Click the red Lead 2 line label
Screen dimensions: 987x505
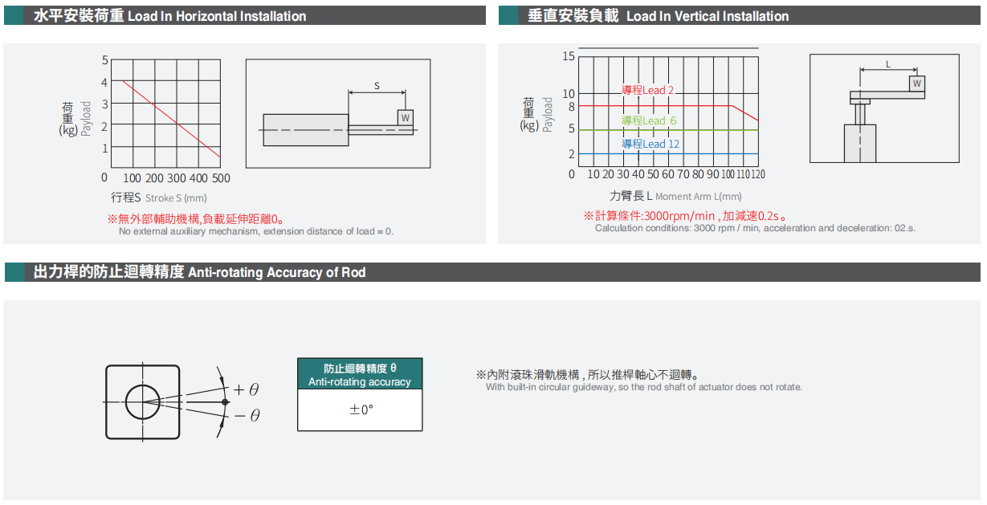tap(647, 91)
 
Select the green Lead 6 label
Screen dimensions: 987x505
tap(649, 120)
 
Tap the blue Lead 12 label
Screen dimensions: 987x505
tap(651, 144)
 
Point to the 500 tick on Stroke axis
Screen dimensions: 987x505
tap(221, 178)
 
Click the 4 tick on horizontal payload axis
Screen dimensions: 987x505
tap(104, 83)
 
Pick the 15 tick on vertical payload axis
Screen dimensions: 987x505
tap(569, 56)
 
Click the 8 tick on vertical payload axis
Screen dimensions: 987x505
tap(572, 107)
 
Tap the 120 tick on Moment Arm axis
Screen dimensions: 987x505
tap(758, 174)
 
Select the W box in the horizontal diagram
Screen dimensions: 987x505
tap(406, 118)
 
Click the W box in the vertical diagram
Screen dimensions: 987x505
tap(917, 83)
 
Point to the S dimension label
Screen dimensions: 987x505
tap(377, 85)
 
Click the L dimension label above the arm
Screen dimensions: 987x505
tap(888, 64)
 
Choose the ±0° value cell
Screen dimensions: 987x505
tap(360, 409)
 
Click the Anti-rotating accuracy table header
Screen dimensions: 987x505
tap(360, 374)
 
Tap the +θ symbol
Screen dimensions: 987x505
tap(247, 389)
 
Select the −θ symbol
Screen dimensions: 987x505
tap(247, 416)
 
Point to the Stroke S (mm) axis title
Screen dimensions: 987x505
tap(176, 198)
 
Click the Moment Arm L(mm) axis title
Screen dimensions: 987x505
tap(699, 197)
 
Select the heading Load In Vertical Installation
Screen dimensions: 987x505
tap(708, 16)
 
